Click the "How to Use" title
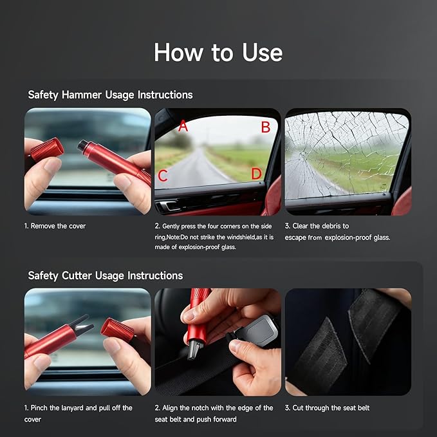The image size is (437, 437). tap(218, 52)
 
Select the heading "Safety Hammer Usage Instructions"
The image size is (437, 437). tap(110, 95)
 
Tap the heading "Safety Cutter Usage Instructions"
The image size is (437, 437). tap(106, 275)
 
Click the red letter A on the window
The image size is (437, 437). tap(183, 126)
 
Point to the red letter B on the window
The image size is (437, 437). tap(265, 127)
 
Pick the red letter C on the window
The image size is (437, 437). tap(163, 175)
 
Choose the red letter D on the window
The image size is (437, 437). tap(256, 174)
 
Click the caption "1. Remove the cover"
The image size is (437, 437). tap(55, 226)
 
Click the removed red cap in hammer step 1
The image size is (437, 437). tap(47, 150)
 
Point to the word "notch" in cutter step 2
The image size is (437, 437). tap(208, 407)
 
